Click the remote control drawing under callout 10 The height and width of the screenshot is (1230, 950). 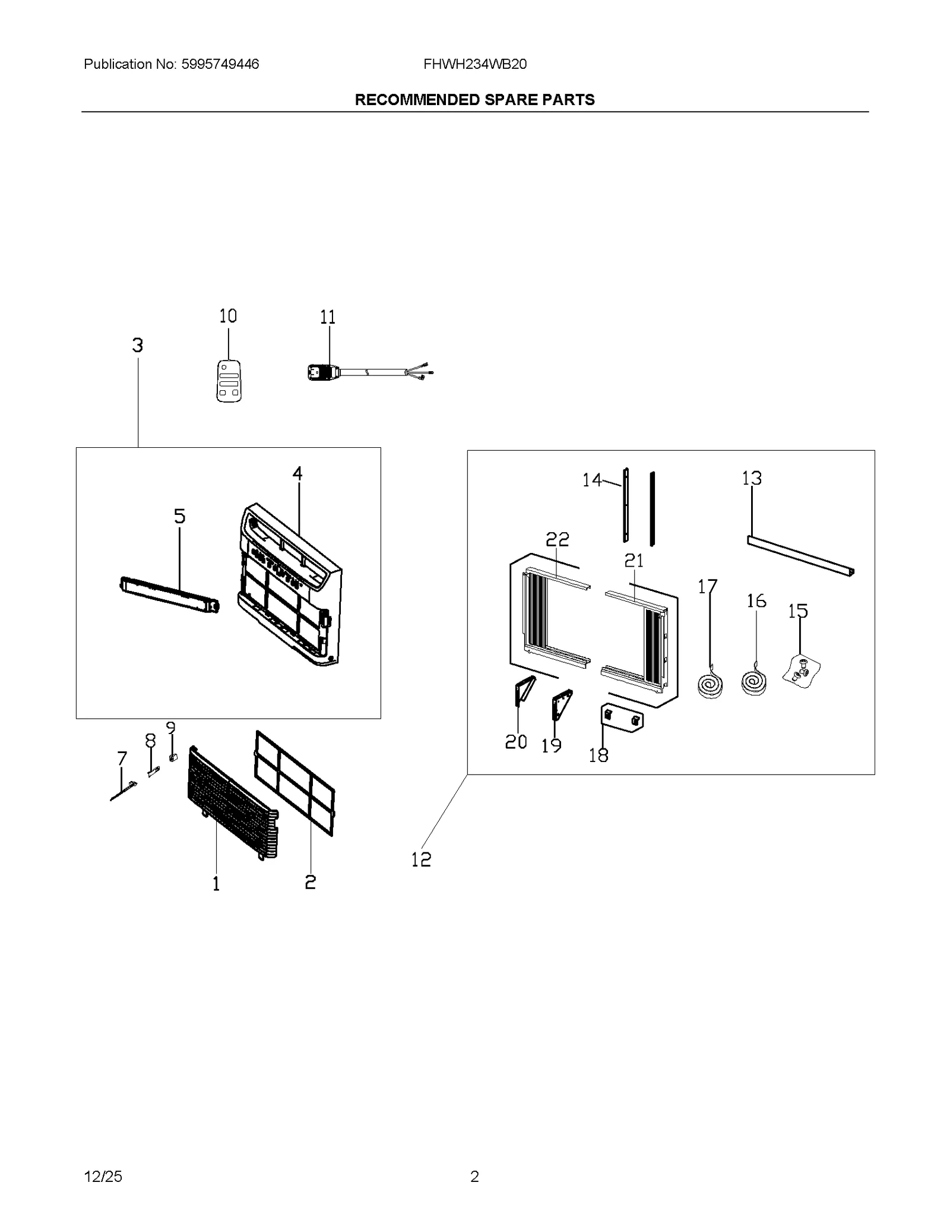coord(229,381)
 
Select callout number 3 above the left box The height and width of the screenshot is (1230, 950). coord(138,345)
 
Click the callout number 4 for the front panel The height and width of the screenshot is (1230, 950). coord(297,473)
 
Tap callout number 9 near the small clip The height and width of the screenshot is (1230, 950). coord(171,728)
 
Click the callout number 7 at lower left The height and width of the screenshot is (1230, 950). coord(122,758)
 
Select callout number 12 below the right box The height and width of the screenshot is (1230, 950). coord(421,859)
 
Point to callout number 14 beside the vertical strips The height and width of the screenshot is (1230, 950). coord(591,480)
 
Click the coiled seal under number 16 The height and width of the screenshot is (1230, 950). coord(754,681)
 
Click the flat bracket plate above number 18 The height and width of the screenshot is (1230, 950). coord(622,718)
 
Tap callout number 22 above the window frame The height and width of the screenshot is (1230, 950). coord(557,539)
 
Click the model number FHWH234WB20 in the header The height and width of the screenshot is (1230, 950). coord(475,64)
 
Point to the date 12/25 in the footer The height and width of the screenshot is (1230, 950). coord(103,1176)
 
